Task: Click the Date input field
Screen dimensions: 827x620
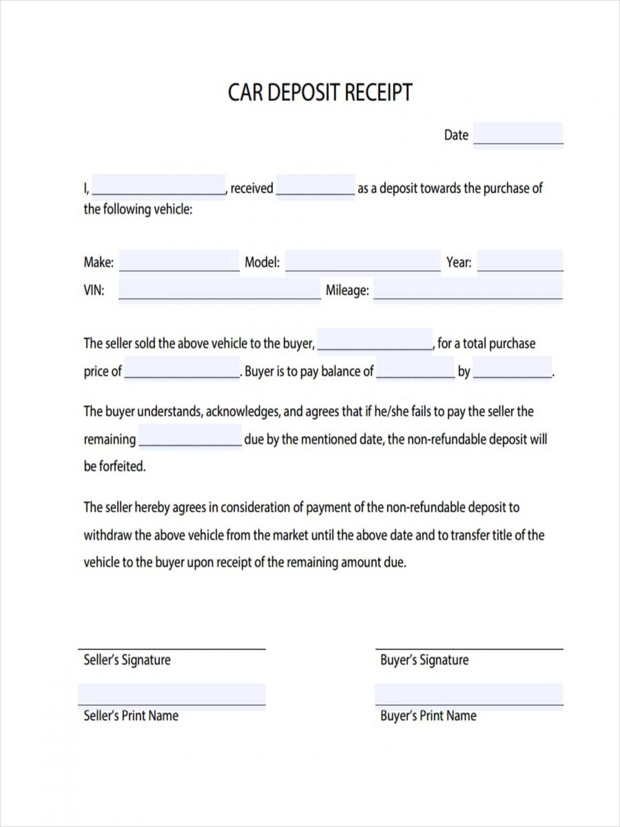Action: pos(518,135)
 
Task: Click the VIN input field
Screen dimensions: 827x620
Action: pos(219,290)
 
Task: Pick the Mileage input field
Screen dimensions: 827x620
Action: pos(468,290)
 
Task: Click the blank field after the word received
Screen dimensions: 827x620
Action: pos(315,187)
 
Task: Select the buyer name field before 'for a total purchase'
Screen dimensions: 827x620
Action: pos(375,342)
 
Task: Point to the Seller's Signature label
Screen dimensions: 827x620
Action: pos(127,659)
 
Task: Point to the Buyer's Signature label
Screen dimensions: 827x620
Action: pos(424,659)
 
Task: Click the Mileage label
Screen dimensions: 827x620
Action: pos(347,290)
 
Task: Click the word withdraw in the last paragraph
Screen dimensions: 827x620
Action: pos(108,535)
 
